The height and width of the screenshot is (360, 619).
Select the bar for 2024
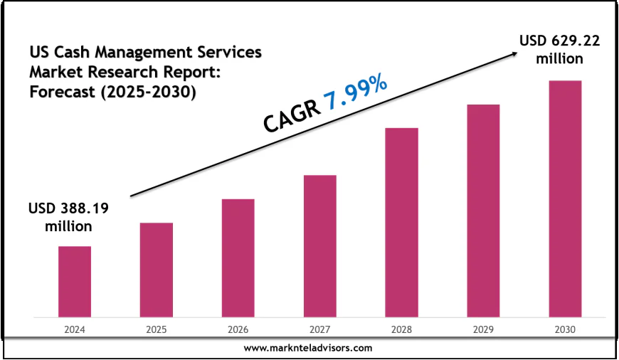click(74, 281)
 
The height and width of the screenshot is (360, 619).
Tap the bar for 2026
click(238, 258)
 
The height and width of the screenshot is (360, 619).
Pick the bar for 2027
click(319, 245)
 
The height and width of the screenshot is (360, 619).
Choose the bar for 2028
click(401, 222)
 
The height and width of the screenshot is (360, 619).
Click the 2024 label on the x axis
click(74, 330)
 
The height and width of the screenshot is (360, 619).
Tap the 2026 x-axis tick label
click(238, 330)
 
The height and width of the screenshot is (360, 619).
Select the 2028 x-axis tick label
click(401, 330)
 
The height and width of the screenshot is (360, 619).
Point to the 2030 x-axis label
click(565, 330)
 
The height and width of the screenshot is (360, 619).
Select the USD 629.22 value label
click(559, 41)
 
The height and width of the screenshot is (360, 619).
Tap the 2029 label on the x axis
click(483, 330)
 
